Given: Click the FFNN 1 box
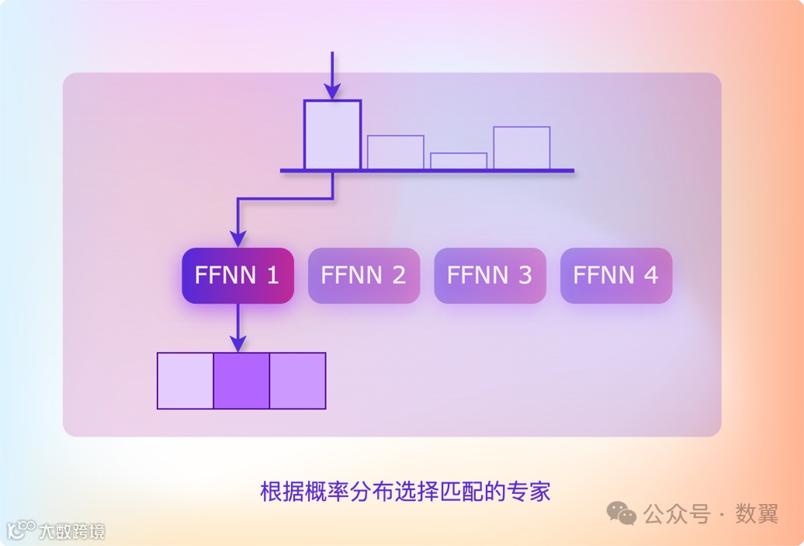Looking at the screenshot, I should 237,275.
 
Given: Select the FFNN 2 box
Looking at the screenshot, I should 364,275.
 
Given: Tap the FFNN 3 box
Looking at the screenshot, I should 490,275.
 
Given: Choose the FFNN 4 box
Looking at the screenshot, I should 616,275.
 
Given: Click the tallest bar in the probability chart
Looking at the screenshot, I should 332,135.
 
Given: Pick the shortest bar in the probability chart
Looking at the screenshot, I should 459,161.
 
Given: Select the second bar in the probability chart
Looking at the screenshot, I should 396,152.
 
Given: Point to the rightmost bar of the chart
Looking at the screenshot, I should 522,148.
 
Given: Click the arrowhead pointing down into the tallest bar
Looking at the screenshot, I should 332,92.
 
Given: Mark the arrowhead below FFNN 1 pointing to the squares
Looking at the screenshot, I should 238,343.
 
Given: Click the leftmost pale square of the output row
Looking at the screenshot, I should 185,381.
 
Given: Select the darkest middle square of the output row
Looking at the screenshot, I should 241,381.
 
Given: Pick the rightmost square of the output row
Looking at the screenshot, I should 297,381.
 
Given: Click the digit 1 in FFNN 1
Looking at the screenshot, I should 272,275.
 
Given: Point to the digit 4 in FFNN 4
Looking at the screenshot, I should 650,275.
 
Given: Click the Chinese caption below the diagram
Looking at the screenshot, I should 404,492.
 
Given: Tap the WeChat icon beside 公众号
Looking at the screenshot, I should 622,513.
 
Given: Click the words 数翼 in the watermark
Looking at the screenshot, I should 756,513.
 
